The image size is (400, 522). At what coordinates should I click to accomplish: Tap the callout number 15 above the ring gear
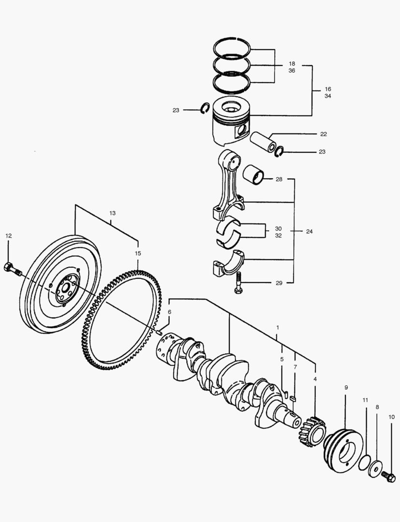tap(138, 253)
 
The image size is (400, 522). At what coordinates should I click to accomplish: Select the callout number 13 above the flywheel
tap(113, 213)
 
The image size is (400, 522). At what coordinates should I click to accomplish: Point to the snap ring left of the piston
tap(205, 110)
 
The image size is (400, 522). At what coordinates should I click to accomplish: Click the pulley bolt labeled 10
tap(389, 476)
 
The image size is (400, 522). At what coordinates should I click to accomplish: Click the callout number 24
tap(310, 232)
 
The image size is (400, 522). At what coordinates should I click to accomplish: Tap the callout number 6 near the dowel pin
tap(169, 312)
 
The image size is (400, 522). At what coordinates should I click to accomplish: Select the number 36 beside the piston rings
tap(292, 71)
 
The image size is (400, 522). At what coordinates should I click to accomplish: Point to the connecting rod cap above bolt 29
tap(229, 263)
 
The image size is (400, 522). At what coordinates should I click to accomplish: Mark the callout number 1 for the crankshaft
tap(278, 328)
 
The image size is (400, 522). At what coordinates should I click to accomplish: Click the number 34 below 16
tap(328, 96)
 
